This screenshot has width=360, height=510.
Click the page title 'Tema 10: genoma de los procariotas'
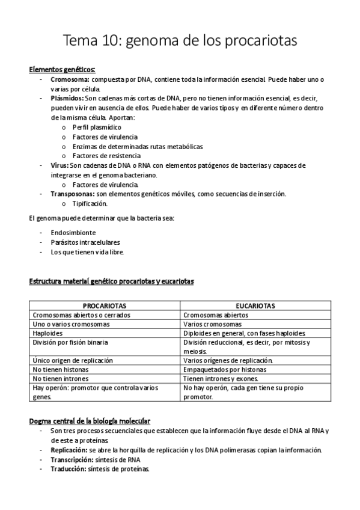pyautogui.click(x=180, y=41)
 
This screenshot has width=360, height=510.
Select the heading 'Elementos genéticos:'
pyautogui.click(x=62, y=69)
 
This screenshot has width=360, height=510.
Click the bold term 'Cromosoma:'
pyautogui.click(x=70, y=79)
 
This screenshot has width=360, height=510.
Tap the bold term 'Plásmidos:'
pyautogui.click(x=67, y=98)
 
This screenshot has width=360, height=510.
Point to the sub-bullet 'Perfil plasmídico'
pyautogui.click(x=97, y=127)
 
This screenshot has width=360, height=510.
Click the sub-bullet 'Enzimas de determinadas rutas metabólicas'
pyautogui.click(x=137, y=146)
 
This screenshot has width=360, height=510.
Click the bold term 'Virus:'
pyautogui.click(x=59, y=165)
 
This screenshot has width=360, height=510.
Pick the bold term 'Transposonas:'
pyautogui.click(x=73, y=194)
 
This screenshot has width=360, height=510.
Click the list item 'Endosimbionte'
pyautogui.click(x=73, y=232)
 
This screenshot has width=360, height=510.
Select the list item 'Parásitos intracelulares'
pyautogui.click(x=81, y=242)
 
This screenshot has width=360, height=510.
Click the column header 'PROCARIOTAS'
pyautogui.click(x=104, y=306)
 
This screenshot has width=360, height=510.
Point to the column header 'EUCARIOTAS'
pyautogui.click(x=255, y=306)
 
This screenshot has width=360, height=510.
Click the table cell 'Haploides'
pyautogui.click(x=48, y=333)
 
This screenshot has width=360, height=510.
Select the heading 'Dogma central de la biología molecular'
pyautogui.click(x=90, y=420)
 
